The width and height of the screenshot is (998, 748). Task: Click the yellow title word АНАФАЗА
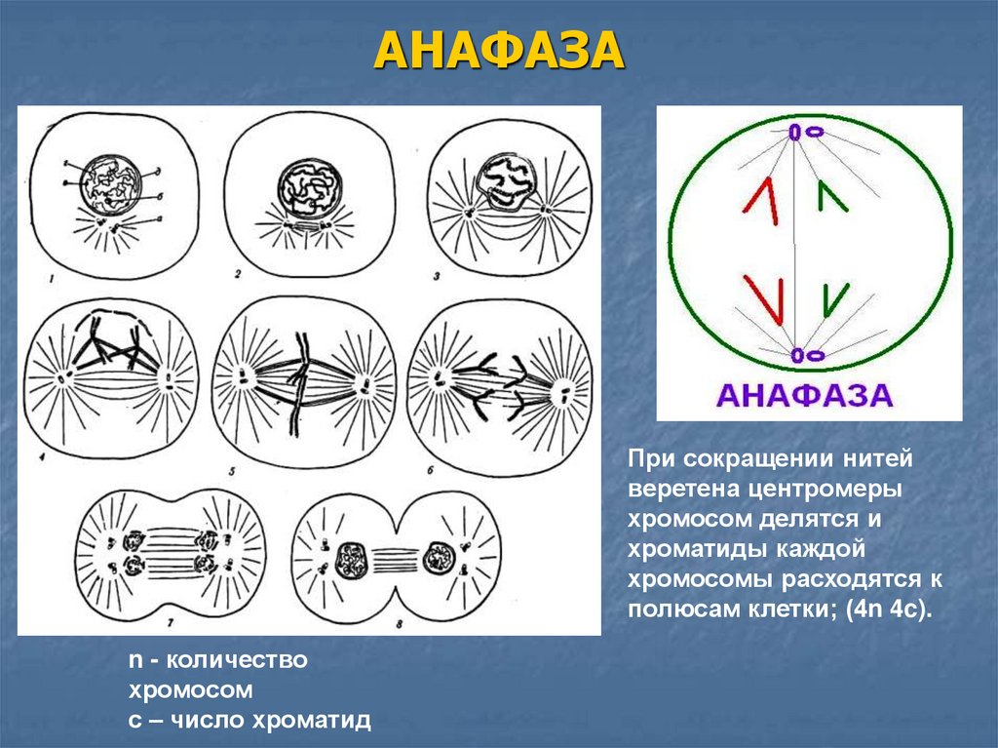coord(497,51)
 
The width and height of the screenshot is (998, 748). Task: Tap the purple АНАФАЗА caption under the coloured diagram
coord(805,395)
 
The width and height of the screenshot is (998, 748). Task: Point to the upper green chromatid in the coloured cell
coord(831,196)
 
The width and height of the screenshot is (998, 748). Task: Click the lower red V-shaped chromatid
coord(764,298)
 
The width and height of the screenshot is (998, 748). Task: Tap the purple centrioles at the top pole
coord(805,130)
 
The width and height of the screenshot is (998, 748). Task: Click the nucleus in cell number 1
coord(110,181)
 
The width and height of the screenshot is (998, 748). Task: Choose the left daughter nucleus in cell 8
coord(349,560)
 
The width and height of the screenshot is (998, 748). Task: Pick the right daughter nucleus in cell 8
coord(436,560)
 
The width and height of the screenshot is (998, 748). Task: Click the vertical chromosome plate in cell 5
coord(300,380)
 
